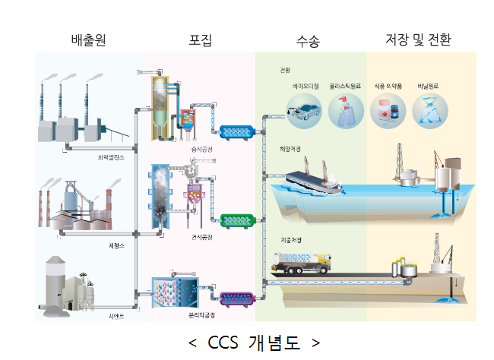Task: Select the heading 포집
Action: (x=200, y=39)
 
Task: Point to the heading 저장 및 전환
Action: (x=418, y=39)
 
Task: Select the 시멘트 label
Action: (x=116, y=316)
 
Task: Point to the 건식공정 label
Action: (x=203, y=237)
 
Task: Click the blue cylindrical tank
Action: (x=239, y=132)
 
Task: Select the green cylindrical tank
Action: (x=239, y=221)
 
